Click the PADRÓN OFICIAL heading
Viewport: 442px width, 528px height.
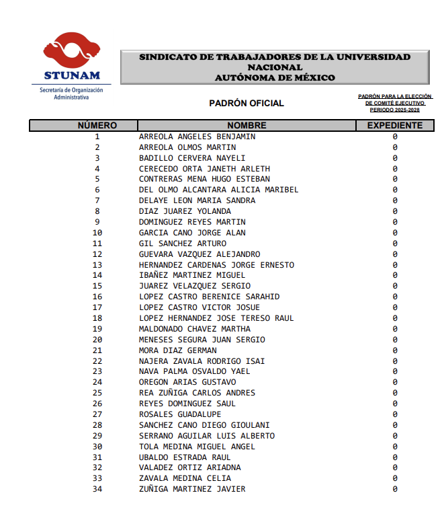point(247,104)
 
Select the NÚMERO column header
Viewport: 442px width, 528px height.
point(97,126)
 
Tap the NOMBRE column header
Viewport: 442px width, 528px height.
point(247,126)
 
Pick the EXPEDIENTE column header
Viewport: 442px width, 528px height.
point(395,126)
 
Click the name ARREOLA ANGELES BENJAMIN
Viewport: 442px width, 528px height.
point(197,137)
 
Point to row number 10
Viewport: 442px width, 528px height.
point(97,233)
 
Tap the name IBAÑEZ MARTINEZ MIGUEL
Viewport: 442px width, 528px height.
point(192,275)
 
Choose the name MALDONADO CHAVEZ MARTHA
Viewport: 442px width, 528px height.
point(195,329)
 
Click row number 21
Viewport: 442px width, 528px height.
point(97,350)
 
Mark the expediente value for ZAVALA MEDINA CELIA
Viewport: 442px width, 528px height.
point(395,478)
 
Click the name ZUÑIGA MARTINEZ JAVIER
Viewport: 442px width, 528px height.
point(192,489)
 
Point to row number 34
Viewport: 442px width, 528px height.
point(97,489)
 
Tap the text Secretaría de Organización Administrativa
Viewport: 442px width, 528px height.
point(71,93)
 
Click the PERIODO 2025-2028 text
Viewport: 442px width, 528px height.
point(395,109)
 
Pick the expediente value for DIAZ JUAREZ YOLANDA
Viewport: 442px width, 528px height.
point(395,211)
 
